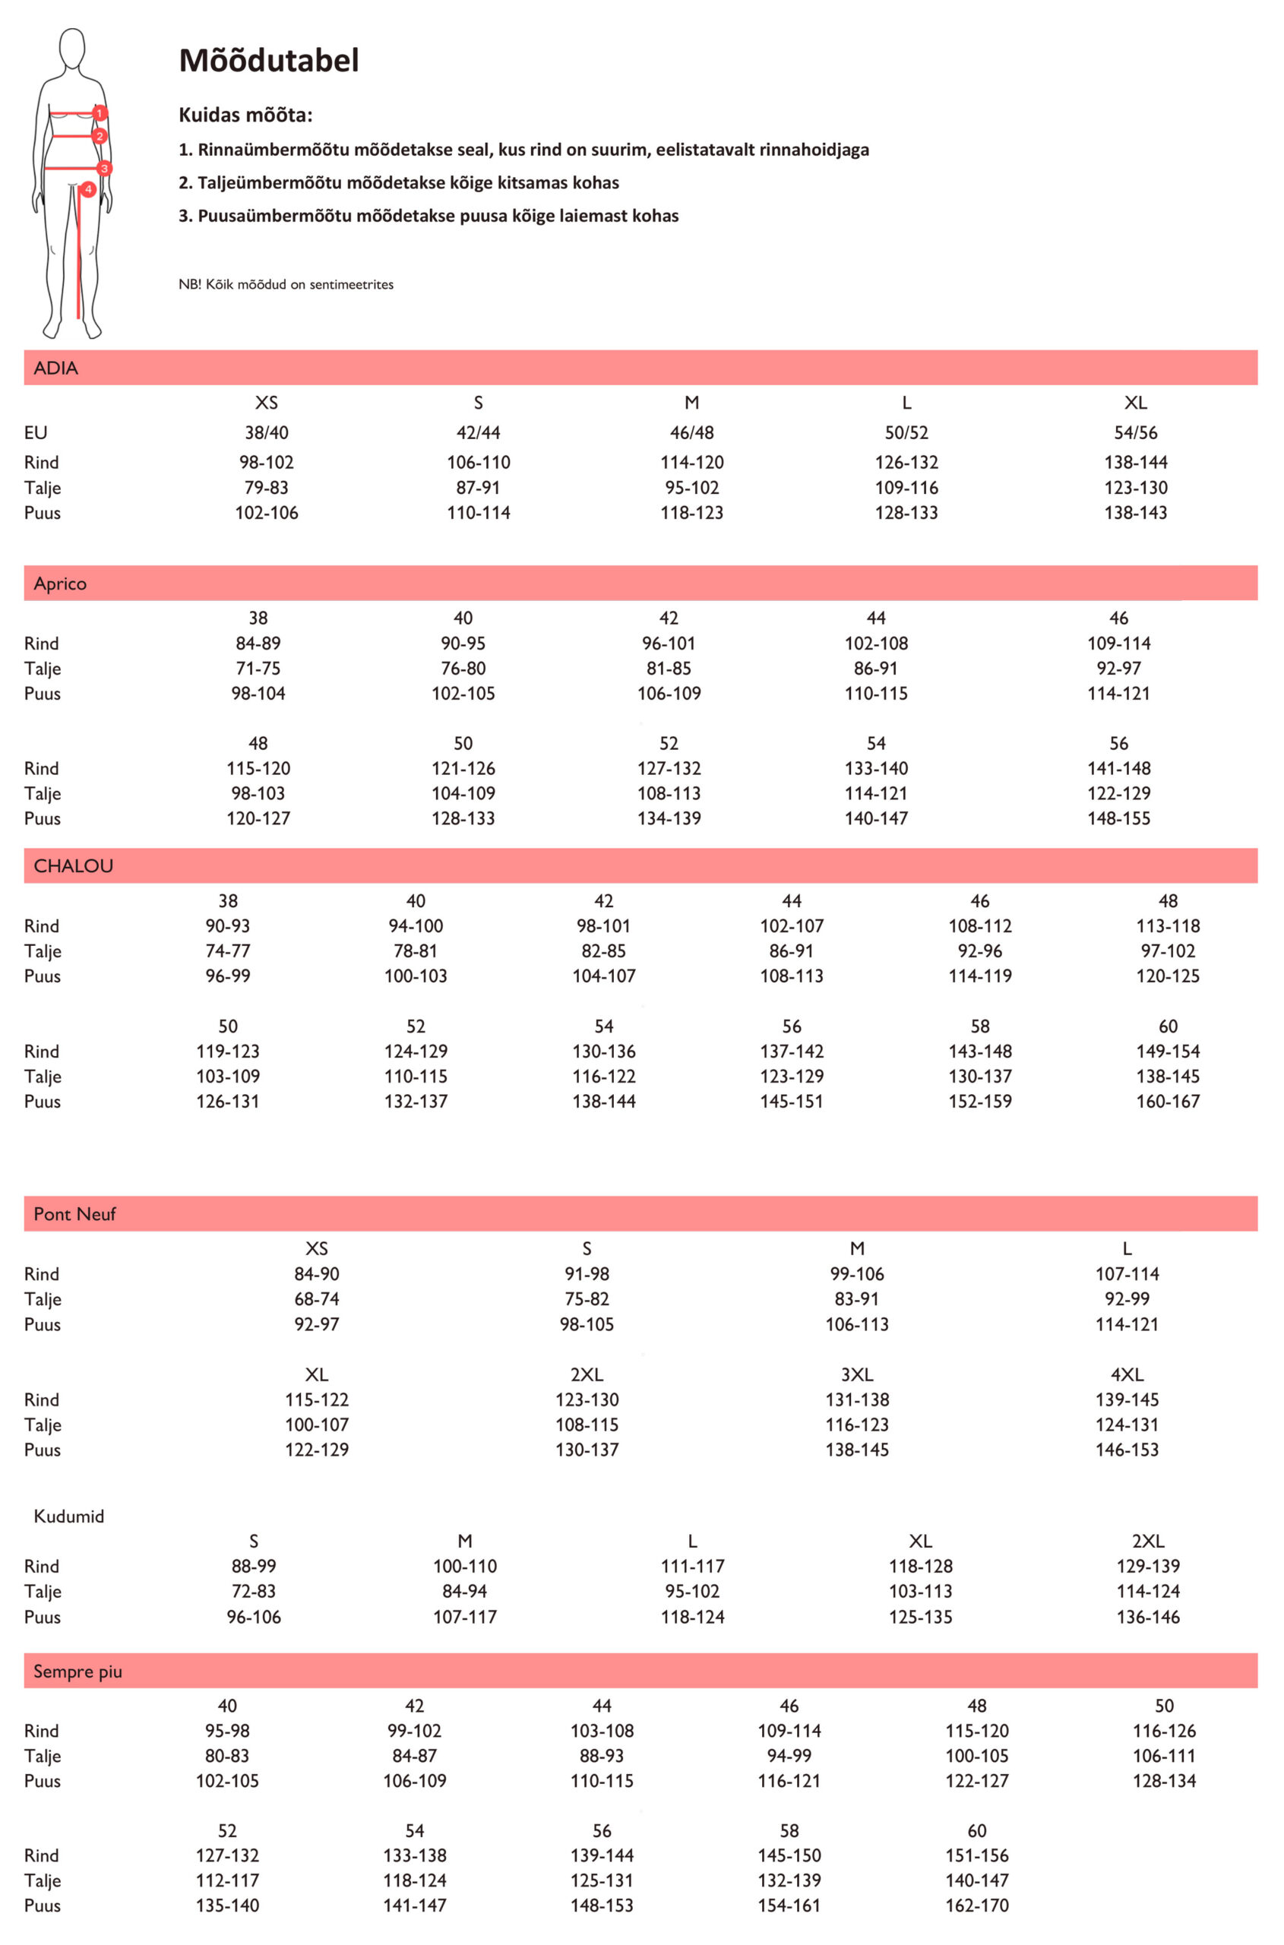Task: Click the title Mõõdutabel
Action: (x=269, y=61)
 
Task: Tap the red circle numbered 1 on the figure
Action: (x=100, y=113)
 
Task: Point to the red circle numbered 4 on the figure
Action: (x=87, y=189)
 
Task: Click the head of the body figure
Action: (x=73, y=49)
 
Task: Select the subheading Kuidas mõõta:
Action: (x=245, y=115)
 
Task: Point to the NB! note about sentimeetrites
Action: (x=286, y=284)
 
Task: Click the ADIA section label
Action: (x=55, y=368)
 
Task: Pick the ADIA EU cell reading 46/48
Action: (x=692, y=432)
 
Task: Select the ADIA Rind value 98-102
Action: (x=266, y=462)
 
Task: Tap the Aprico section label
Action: (x=60, y=584)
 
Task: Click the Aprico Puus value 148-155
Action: (x=1118, y=818)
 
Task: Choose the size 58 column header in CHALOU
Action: (x=980, y=1026)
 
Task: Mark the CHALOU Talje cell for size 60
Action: (x=1168, y=1076)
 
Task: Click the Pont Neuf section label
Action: (x=74, y=1215)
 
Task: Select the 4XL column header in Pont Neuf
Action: (x=1127, y=1375)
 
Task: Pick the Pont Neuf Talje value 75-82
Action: (x=587, y=1299)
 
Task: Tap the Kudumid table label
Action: (x=69, y=1516)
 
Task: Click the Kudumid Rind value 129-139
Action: (x=1148, y=1567)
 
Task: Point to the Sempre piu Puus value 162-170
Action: (x=977, y=1905)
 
